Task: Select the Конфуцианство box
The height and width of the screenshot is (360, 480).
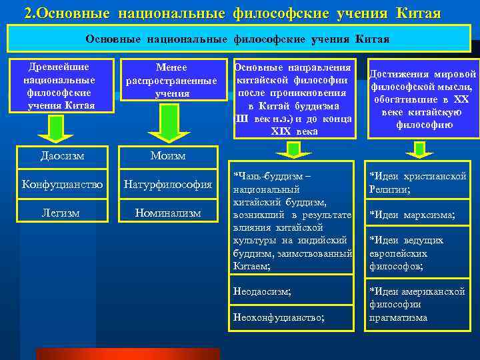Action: [63, 183]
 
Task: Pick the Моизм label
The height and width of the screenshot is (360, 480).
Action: [168, 156]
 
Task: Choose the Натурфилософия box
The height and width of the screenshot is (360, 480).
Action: [169, 183]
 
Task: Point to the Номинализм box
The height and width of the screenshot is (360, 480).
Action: [169, 213]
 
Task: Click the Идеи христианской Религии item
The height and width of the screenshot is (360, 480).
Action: [417, 181]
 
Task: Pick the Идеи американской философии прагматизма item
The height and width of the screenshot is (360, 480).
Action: [417, 304]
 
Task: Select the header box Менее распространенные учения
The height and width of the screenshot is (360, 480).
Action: [171, 81]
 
